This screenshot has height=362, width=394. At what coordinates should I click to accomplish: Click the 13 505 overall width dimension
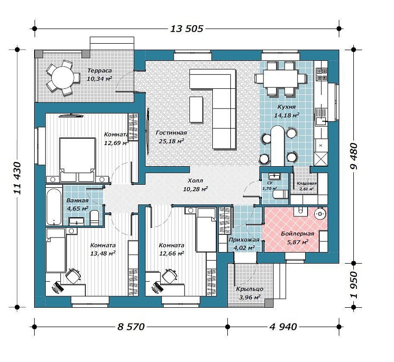[187, 29]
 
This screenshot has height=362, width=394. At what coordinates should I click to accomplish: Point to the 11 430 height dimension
[17, 178]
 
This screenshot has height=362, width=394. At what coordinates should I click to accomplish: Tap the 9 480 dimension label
[353, 156]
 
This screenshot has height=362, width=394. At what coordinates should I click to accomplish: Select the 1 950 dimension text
[353, 285]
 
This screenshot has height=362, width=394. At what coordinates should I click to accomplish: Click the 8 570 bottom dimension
[131, 327]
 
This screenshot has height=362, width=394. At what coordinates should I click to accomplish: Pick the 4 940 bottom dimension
[283, 327]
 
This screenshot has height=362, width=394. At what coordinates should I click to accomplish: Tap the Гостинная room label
[171, 133]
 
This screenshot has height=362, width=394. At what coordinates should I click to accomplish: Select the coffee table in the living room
[196, 109]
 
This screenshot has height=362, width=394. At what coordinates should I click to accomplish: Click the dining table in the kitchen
[281, 78]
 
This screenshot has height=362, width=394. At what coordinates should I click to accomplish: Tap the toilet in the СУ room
[280, 194]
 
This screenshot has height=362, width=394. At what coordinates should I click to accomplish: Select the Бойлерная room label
[298, 233]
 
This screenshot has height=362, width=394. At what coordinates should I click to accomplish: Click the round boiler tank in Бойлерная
[320, 214]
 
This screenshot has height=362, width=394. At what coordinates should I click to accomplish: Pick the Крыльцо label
[249, 289]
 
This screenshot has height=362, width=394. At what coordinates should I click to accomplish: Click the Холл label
[195, 180]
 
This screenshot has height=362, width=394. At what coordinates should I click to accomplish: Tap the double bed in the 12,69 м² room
[77, 159]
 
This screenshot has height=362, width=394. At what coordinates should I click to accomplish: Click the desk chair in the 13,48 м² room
[73, 276]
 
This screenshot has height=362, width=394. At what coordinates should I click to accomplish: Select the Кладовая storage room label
[307, 183]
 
